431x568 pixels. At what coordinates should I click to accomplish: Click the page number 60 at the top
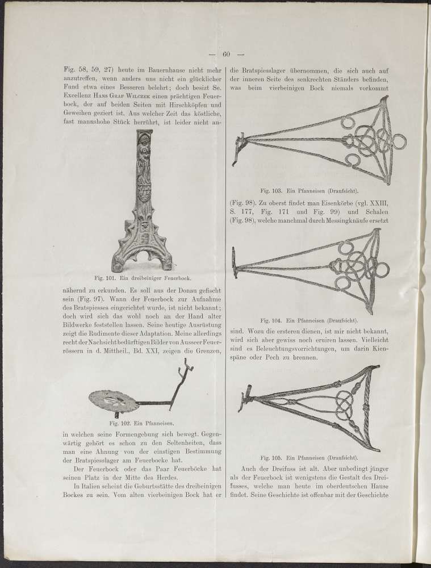coord(225,55)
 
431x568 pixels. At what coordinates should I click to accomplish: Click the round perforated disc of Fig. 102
coord(114,401)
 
